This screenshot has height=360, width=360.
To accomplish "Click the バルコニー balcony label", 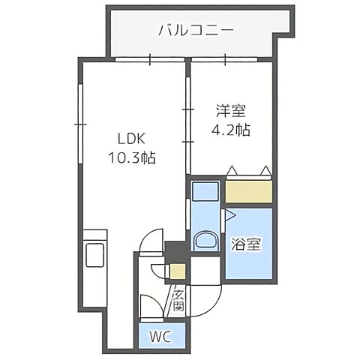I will point(196,31).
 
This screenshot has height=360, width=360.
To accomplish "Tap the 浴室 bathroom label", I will point(248,245).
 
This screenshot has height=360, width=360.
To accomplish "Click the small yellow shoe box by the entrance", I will point(178,272).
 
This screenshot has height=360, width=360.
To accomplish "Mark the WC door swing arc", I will point(150,307).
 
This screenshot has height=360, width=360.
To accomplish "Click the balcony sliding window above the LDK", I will point(150,59).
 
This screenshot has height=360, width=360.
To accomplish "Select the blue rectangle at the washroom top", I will point(204,190).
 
